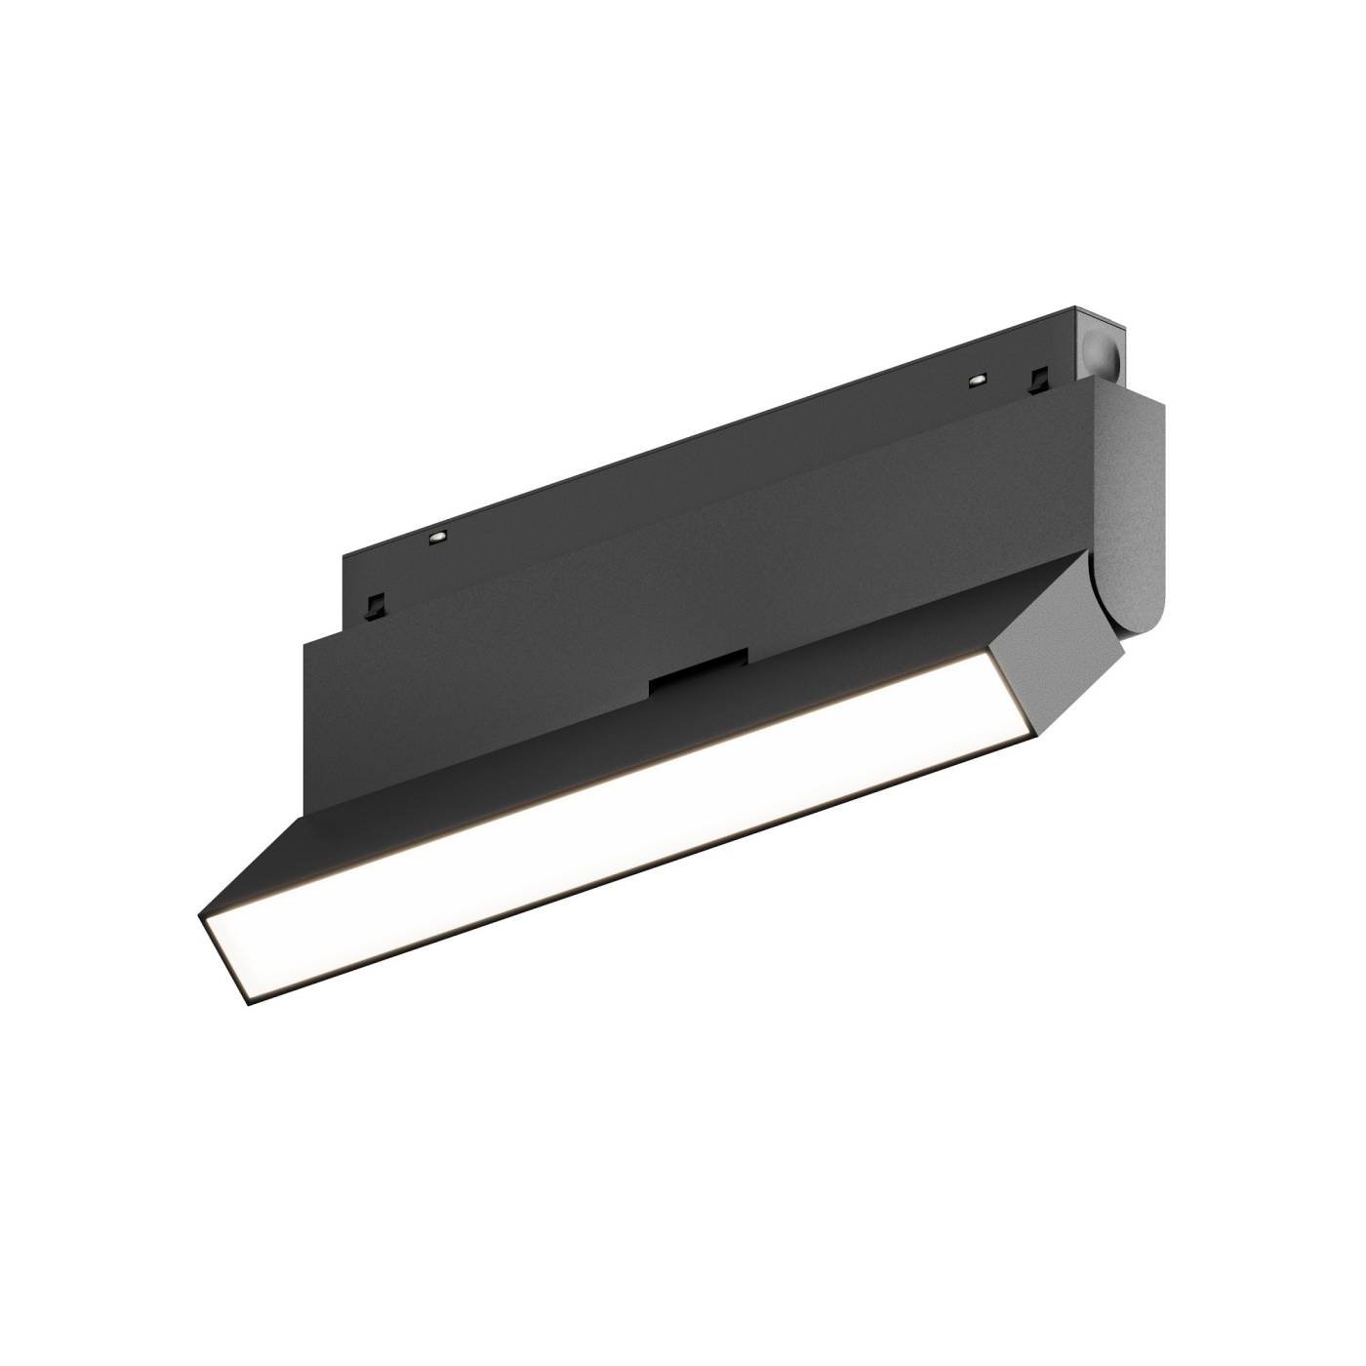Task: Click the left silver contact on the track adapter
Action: pyautogui.click(x=437, y=536)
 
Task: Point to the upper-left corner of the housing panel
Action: pyautogui.click(x=306, y=641)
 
